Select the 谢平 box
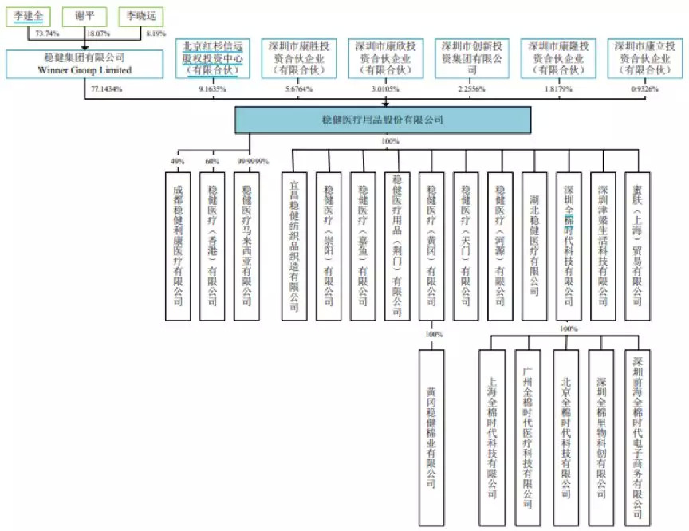click(85, 16)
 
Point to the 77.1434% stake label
click(106, 89)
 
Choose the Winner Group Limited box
click(85, 64)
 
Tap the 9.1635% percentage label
click(211, 89)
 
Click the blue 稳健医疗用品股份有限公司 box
click(383, 120)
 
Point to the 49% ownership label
click(178, 162)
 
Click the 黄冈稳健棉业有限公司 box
click(431, 428)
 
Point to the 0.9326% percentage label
click(643, 89)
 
